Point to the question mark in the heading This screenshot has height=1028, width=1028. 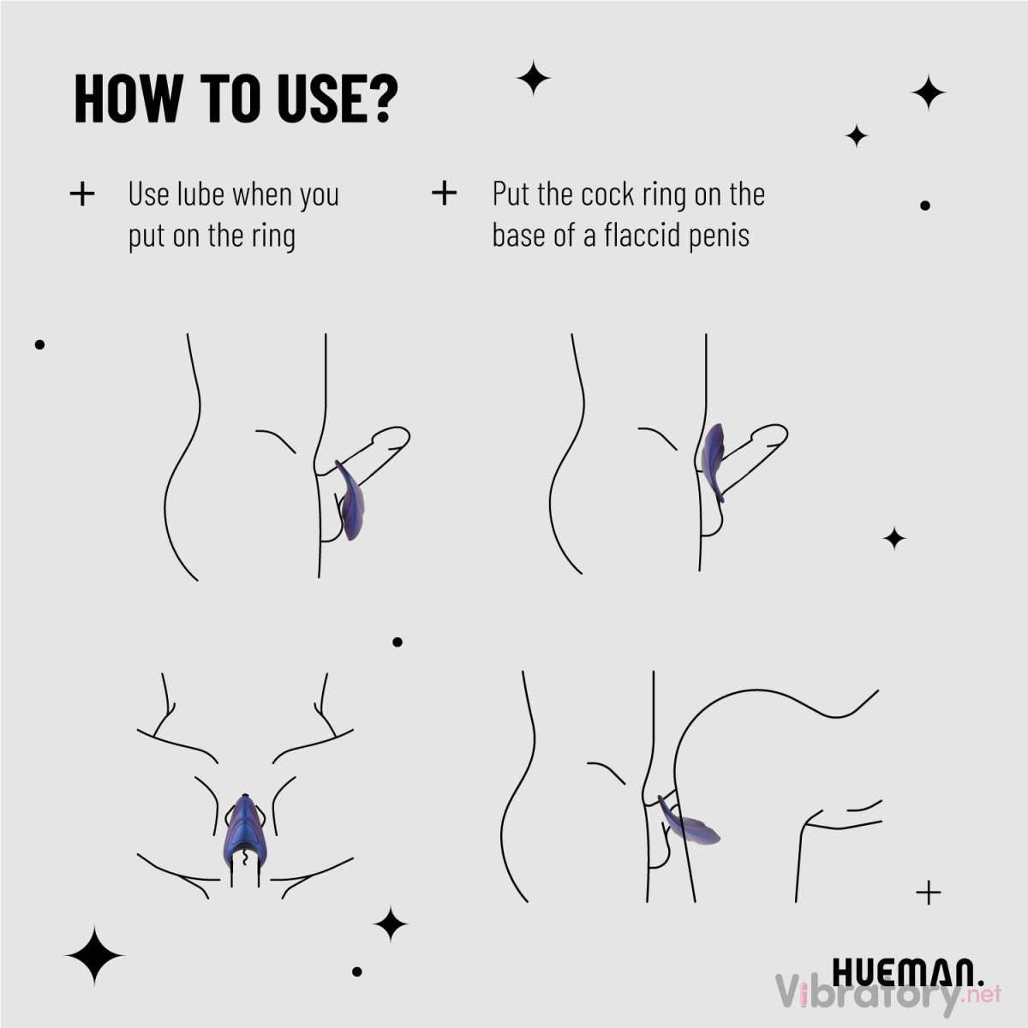tap(382, 99)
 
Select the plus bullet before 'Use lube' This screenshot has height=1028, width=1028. tap(82, 194)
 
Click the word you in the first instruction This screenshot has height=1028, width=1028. tap(319, 198)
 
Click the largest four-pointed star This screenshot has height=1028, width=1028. tap(94, 955)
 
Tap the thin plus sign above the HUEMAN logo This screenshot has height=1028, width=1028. tap(929, 892)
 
